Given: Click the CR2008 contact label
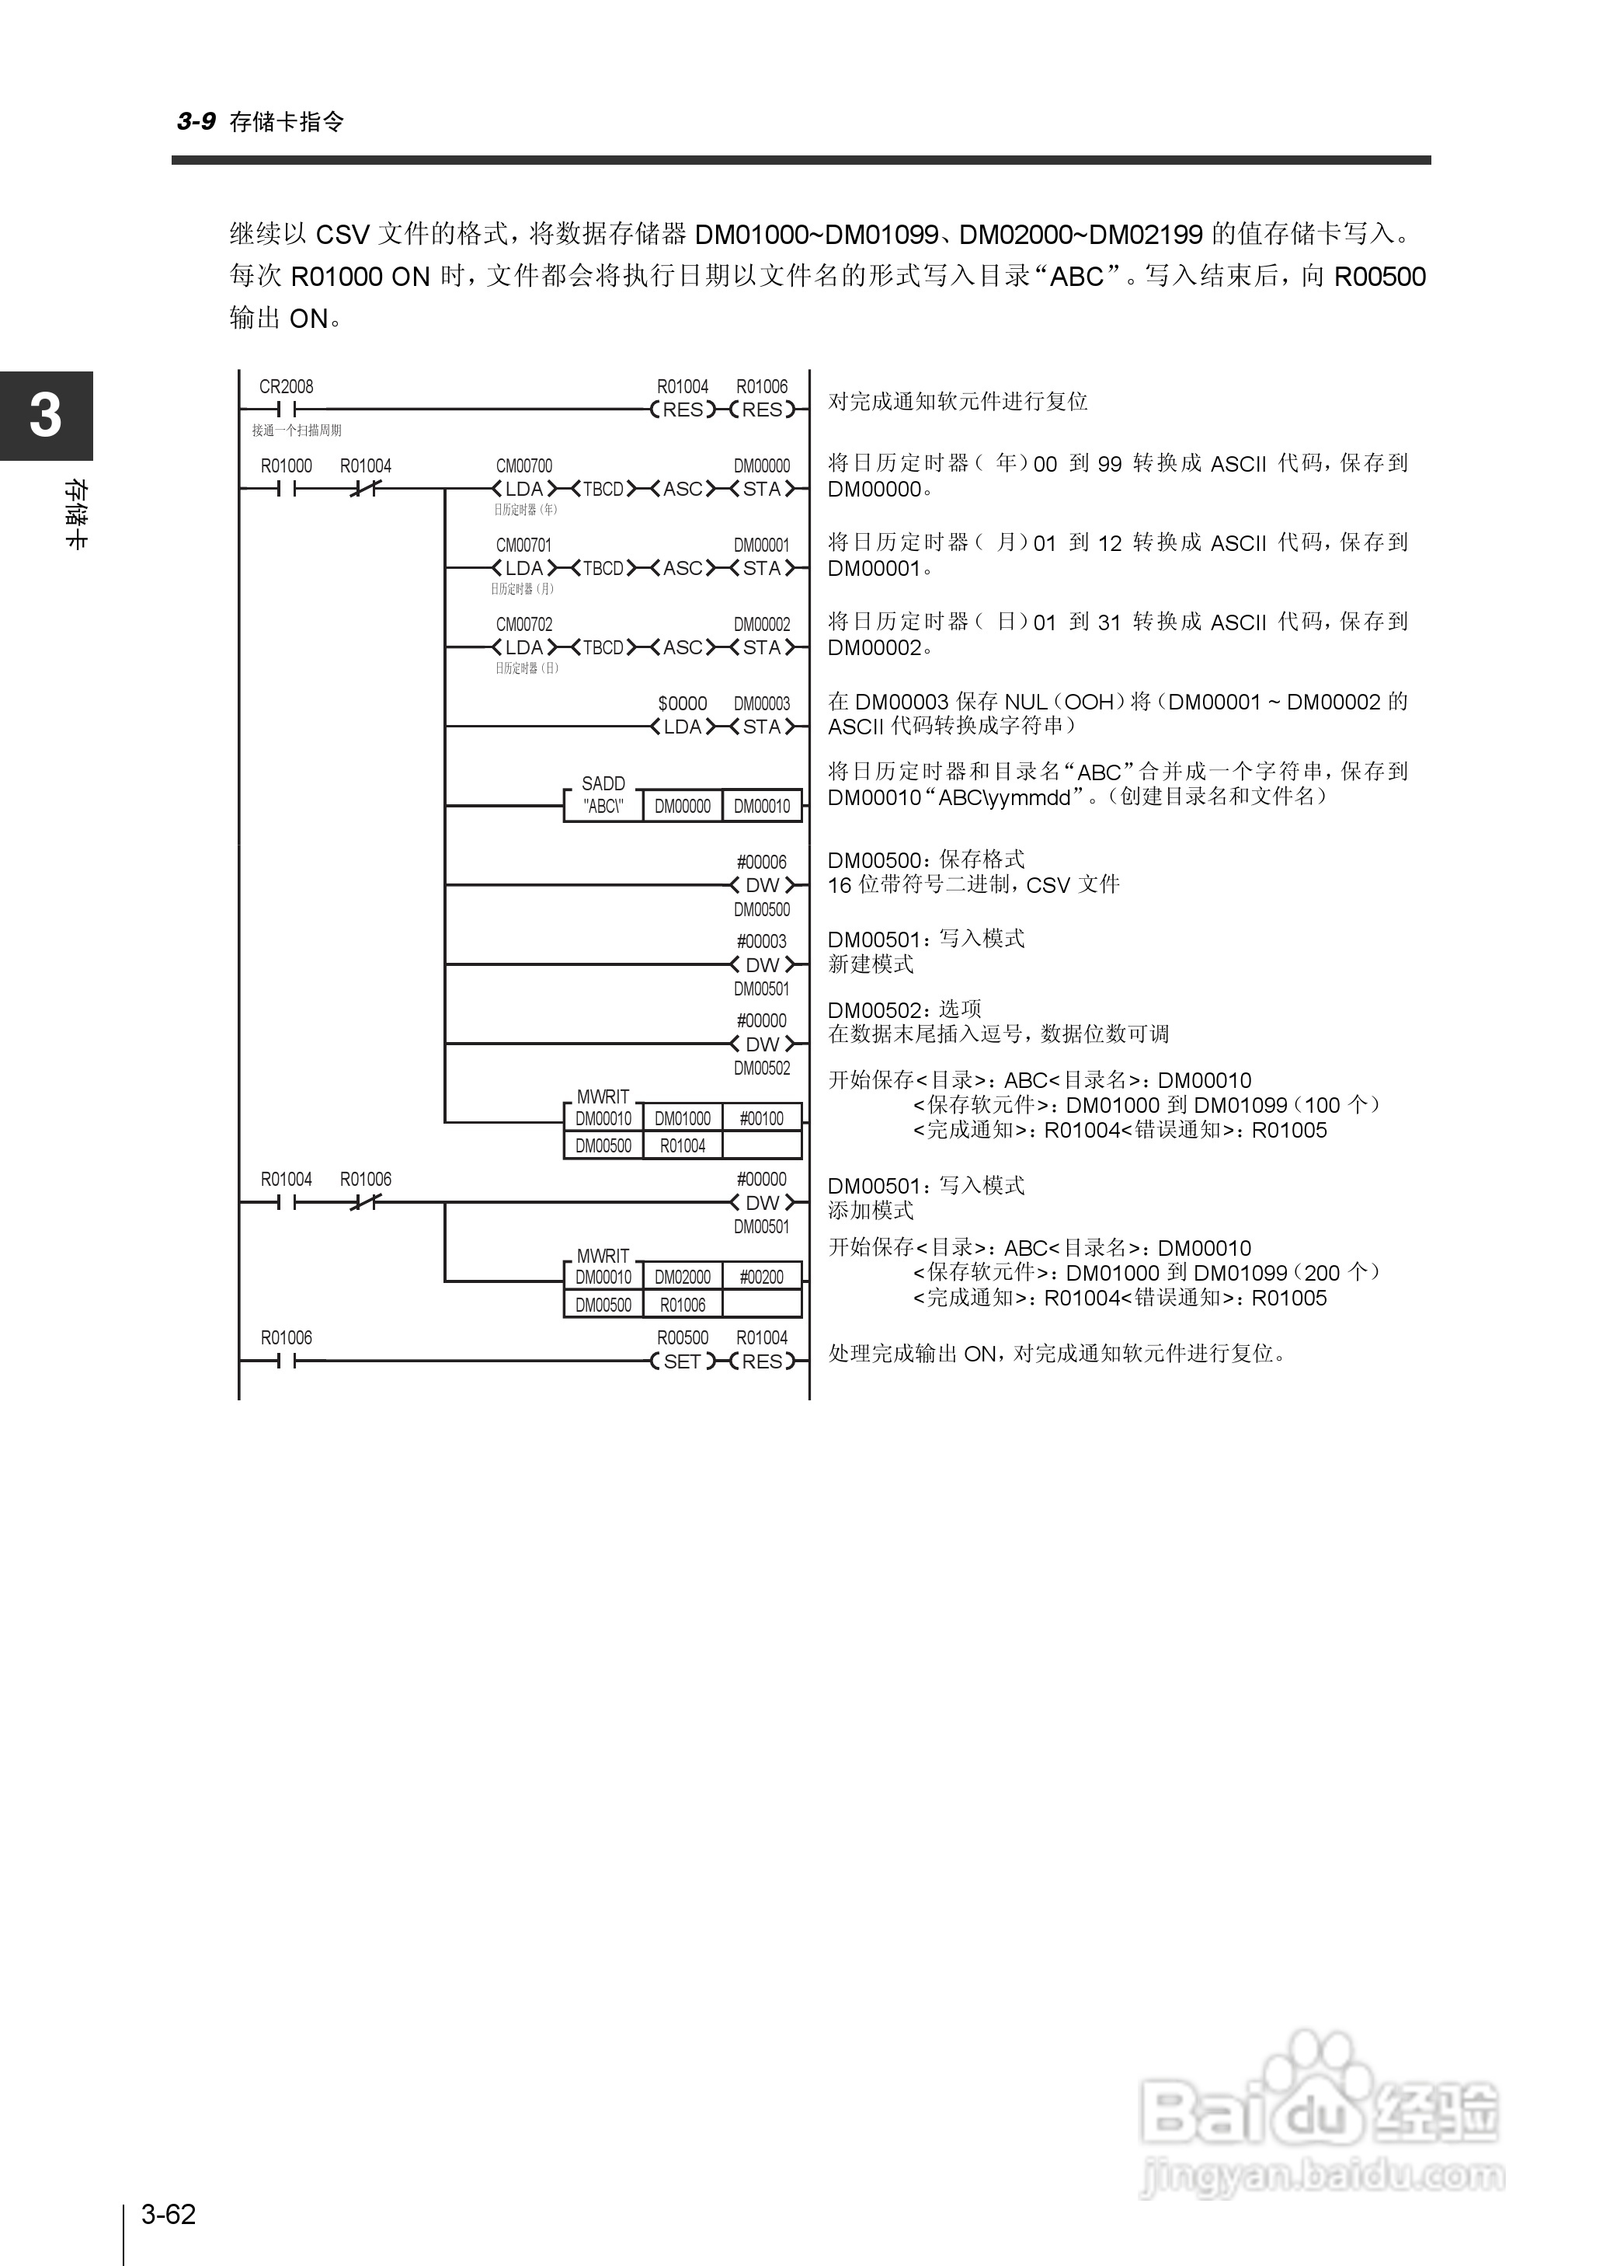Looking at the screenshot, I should [x=287, y=387].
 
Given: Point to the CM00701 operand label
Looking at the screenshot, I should [x=524, y=545].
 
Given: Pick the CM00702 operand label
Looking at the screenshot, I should [x=524, y=625].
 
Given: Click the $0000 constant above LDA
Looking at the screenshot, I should [x=682, y=704].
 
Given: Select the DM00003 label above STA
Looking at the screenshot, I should [x=762, y=704].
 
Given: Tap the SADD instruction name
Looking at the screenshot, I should [x=603, y=784].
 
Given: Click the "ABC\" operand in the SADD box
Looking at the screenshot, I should [x=603, y=807].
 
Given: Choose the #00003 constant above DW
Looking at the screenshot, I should [x=762, y=942].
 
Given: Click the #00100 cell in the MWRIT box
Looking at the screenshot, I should [x=762, y=1119].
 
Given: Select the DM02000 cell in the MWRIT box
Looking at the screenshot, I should [x=682, y=1278].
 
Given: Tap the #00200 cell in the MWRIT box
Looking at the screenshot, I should [x=762, y=1278].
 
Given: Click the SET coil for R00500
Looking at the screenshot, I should [x=682, y=1361].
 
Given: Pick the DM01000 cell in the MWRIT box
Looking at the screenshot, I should [x=682, y=1119].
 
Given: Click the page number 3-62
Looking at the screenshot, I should [x=169, y=2214].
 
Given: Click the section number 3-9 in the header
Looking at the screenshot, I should [x=196, y=121].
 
